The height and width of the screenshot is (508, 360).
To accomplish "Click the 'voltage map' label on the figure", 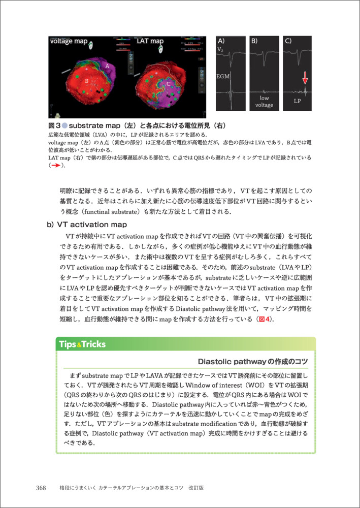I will pyautogui.click(x=69, y=41).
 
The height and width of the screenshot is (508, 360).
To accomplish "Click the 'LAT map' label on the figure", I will pyautogui.click(x=150, y=41).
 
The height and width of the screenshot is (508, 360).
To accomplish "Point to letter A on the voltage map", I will pyautogui.click(x=107, y=66).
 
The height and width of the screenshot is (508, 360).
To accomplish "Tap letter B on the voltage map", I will pyautogui.click(x=87, y=81).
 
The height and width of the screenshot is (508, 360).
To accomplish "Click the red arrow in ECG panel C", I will pyautogui.click(x=305, y=78).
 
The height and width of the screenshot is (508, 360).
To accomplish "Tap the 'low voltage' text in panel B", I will pyautogui.click(x=265, y=101).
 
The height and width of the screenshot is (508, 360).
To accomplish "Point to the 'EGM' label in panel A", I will pyautogui.click(x=223, y=76).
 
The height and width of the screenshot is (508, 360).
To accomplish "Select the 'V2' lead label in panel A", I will pyautogui.click(x=220, y=49).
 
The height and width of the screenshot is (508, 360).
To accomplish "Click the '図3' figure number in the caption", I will pyautogui.click(x=54, y=125).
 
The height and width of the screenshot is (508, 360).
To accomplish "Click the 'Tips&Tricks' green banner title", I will pyautogui.click(x=82, y=344).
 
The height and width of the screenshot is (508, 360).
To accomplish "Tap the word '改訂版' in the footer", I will pyautogui.click(x=195, y=488).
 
